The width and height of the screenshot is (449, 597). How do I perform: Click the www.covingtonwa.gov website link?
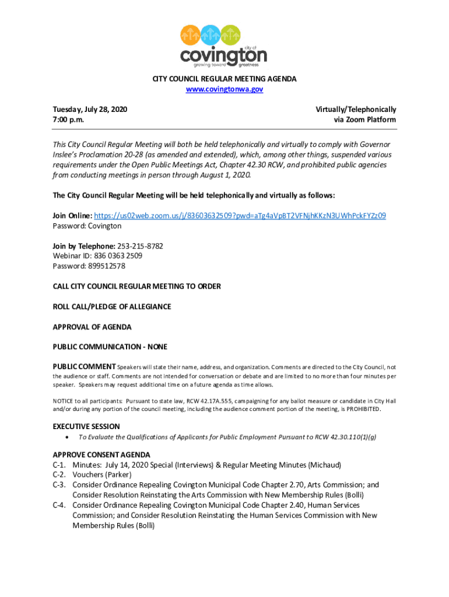click(224, 89)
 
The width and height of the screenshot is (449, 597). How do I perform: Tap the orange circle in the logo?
click(191, 35)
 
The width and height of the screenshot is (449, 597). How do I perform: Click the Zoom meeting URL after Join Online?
click(240, 216)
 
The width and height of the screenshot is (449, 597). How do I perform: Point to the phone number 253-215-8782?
click(141, 246)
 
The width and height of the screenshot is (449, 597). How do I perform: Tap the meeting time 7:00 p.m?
click(68, 120)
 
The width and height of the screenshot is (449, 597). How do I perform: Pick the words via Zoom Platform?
click(364, 120)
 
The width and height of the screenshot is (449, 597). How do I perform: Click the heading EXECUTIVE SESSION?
click(86, 426)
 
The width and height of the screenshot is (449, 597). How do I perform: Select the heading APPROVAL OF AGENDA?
click(92, 326)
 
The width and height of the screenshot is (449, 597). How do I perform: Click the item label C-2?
click(58, 475)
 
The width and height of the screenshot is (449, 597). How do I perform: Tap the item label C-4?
click(58, 505)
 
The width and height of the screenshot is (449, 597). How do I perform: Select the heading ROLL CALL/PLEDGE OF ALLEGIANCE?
click(112, 307)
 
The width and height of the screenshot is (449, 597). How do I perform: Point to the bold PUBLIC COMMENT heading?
click(84, 367)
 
